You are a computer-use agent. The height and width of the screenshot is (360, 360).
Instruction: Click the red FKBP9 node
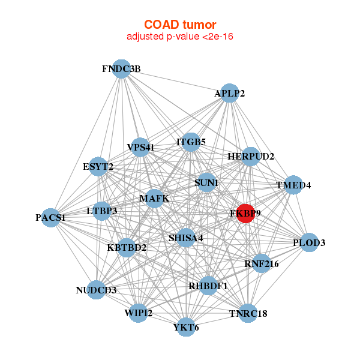tap(245, 213)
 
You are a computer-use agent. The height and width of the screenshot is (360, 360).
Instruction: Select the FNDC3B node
tap(122, 68)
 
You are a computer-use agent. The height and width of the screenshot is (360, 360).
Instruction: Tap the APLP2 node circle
tap(229, 93)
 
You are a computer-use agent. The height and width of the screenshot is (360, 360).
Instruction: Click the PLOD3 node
tap(308, 242)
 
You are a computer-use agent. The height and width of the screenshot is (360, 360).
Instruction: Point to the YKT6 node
tap(186, 327)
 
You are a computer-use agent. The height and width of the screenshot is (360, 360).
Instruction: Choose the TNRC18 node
tap(248, 313)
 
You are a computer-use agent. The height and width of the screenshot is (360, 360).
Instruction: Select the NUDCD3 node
tap(96, 290)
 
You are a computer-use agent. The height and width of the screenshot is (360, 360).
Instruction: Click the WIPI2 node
tap(139, 313)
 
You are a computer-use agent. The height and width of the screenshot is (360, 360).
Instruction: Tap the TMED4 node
tap(293, 184)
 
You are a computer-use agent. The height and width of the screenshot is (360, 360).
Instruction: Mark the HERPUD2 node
tap(250, 157)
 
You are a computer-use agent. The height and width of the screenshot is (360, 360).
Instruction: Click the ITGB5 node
tap(191, 142)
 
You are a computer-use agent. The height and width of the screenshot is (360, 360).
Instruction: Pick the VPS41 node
tap(140, 147)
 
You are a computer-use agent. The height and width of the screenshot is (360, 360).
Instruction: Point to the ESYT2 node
tap(98, 166)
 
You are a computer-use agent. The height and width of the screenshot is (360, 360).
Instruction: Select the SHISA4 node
tap(185, 238)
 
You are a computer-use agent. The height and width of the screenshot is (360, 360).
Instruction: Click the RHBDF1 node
tap(208, 286)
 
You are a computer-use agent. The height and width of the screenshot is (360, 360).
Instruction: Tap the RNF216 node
tap(261, 262)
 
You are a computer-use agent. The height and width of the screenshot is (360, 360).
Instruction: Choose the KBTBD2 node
tap(127, 247)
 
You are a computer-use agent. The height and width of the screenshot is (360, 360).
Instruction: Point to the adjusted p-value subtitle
tap(179, 37)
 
